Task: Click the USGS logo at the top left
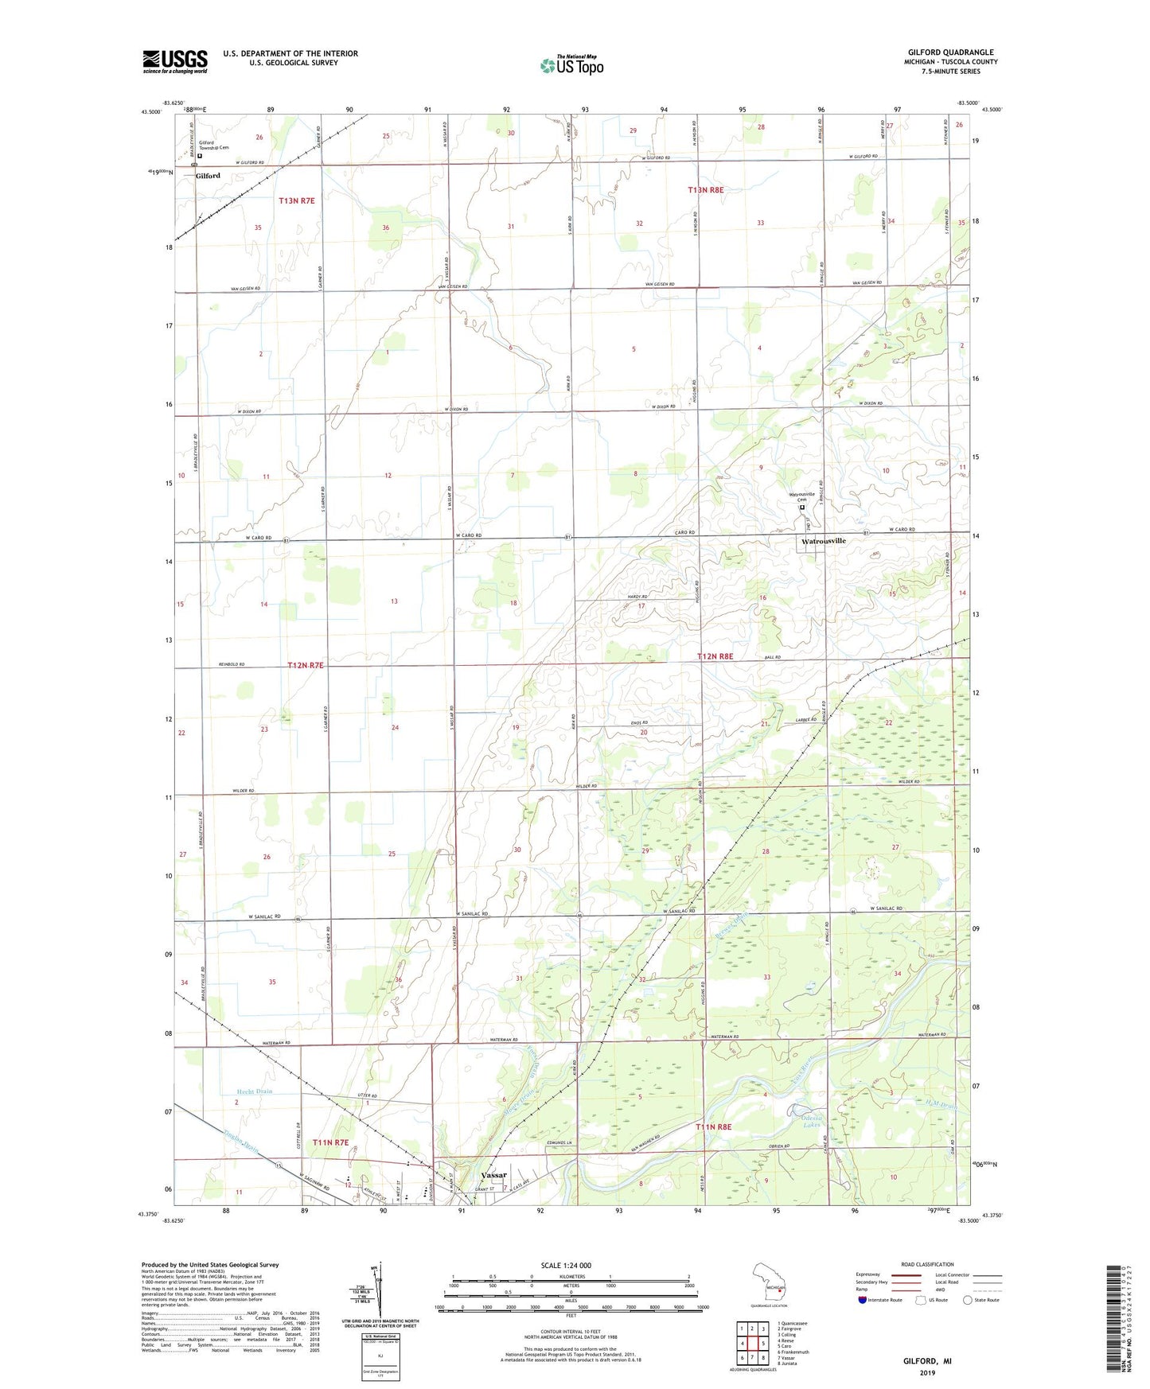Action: pyautogui.click(x=174, y=61)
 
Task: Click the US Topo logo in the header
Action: pyautogui.click(x=571, y=65)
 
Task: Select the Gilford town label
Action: pyautogui.click(x=208, y=176)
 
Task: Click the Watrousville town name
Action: pyautogui.click(x=823, y=541)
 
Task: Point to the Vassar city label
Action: pyautogui.click(x=493, y=1175)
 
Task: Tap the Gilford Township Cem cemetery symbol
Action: pyautogui.click(x=199, y=157)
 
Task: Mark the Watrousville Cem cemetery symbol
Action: pyautogui.click(x=802, y=508)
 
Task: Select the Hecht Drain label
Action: pyautogui.click(x=253, y=1091)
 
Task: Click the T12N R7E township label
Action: pyautogui.click(x=306, y=665)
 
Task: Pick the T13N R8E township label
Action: pyautogui.click(x=705, y=190)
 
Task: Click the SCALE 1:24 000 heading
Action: pyautogui.click(x=566, y=1266)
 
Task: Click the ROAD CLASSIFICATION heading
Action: pyautogui.click(x=926, y=1264)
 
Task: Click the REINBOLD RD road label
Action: pyautogui.click(x=232, y=664)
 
